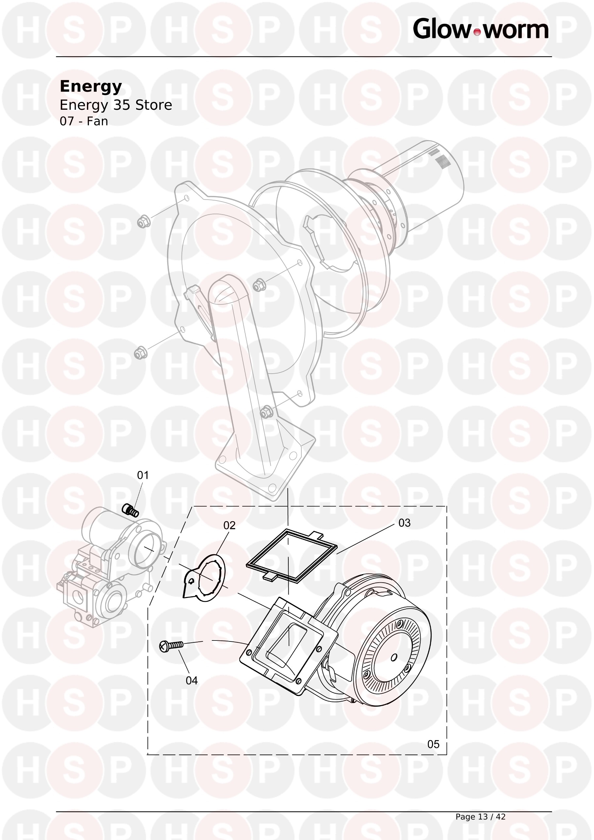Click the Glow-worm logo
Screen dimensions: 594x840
coord(481,29)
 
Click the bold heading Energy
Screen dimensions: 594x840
coord(91,87)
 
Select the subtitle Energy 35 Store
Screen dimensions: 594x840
coord(116,105)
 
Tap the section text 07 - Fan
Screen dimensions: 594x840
coord(84,121)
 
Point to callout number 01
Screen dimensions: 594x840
coord(143,475)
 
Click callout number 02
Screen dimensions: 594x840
coord(229,525)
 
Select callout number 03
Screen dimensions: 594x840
coord(405,523)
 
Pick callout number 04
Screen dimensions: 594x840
coord(192,681)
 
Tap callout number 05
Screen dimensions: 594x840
coord(433,744)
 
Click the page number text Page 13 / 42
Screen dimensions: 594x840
coord(480,816)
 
